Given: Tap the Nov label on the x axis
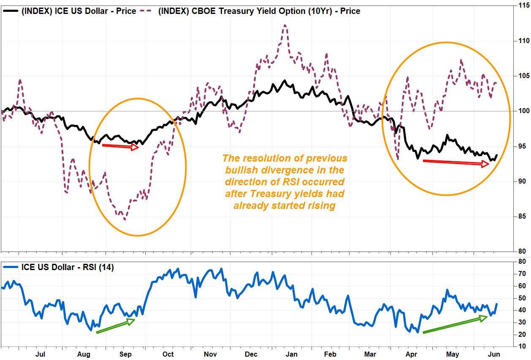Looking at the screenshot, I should [209, 354].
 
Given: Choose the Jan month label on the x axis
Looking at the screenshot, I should [292, 354].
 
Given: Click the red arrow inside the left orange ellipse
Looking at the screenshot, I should [121, 146].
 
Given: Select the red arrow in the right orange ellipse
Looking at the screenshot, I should [456, 162].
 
